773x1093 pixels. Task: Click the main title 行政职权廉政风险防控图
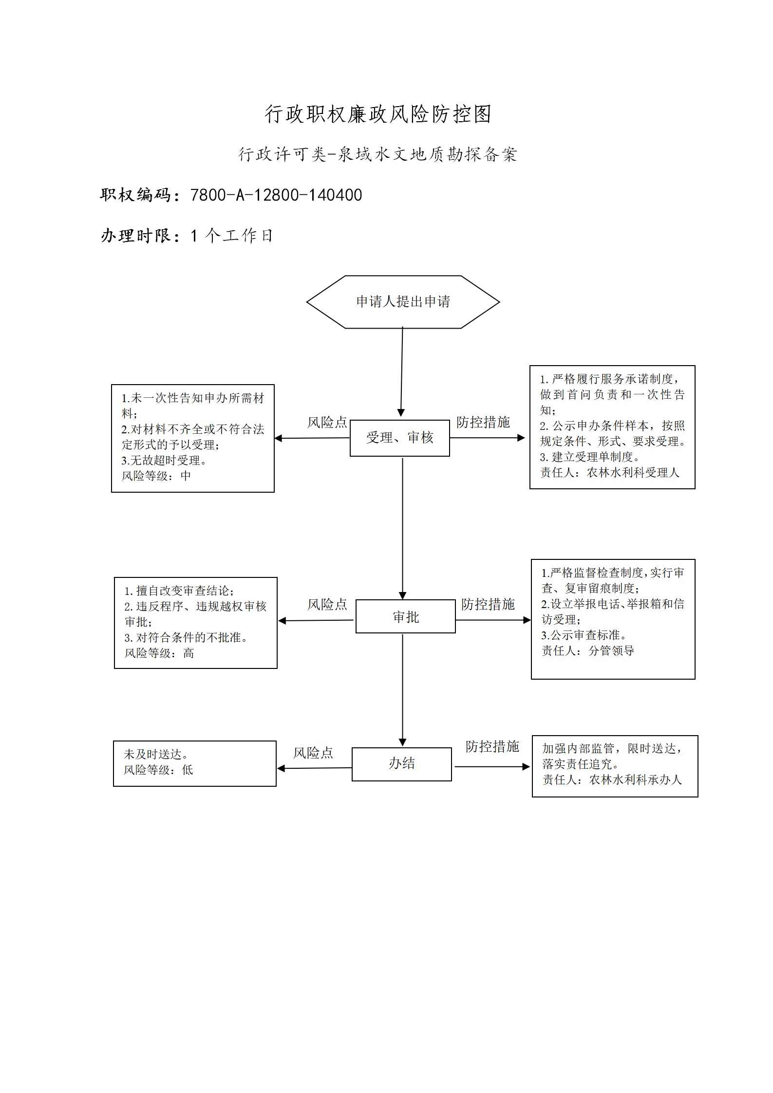(378, 114)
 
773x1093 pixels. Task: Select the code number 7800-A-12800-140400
(276, 195)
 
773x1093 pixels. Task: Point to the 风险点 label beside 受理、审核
(327, 422)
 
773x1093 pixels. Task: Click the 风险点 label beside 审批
(327, 604)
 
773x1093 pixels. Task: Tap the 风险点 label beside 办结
(313, 753)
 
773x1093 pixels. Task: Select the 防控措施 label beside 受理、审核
(483, 422)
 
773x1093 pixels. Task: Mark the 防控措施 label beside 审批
(488, 604)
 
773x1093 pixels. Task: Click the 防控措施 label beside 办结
(492, 746)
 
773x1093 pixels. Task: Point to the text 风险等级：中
(156, 476)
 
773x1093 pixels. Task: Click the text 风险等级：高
(159, 653)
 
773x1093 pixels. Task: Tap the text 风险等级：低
(158, 770)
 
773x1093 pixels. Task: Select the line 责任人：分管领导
(588, 650)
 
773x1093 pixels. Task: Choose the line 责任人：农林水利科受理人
(610, 472)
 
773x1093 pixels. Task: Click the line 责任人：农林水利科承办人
(612, 779)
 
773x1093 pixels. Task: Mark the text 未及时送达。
(156, 754)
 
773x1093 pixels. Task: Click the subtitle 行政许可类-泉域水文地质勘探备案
(378, 154)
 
